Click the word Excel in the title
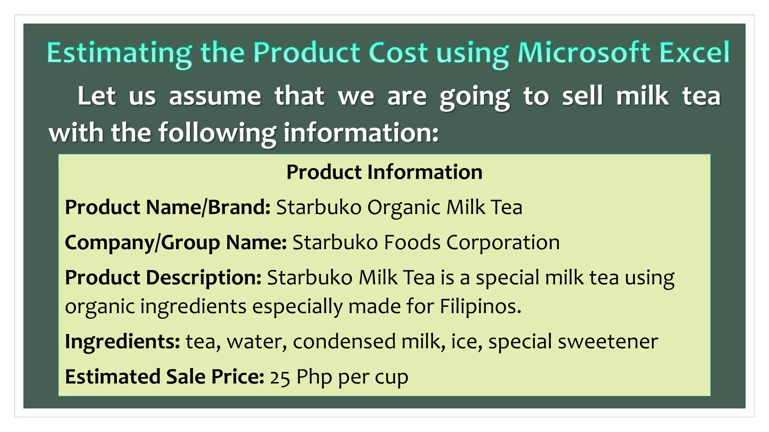coord(694,52)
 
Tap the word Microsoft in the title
coord(584,52)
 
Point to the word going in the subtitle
coord(475,97)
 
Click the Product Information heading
coord(384,172)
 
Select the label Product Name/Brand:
coord(167,207)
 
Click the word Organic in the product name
coord(404,208)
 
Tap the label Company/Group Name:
coord(176,242)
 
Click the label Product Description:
coord(163,278)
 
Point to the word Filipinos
coord(480,306)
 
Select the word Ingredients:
coord(122,342)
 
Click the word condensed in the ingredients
coord(344,342)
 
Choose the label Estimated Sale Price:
coord(164,376)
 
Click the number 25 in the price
coord(280,377)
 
